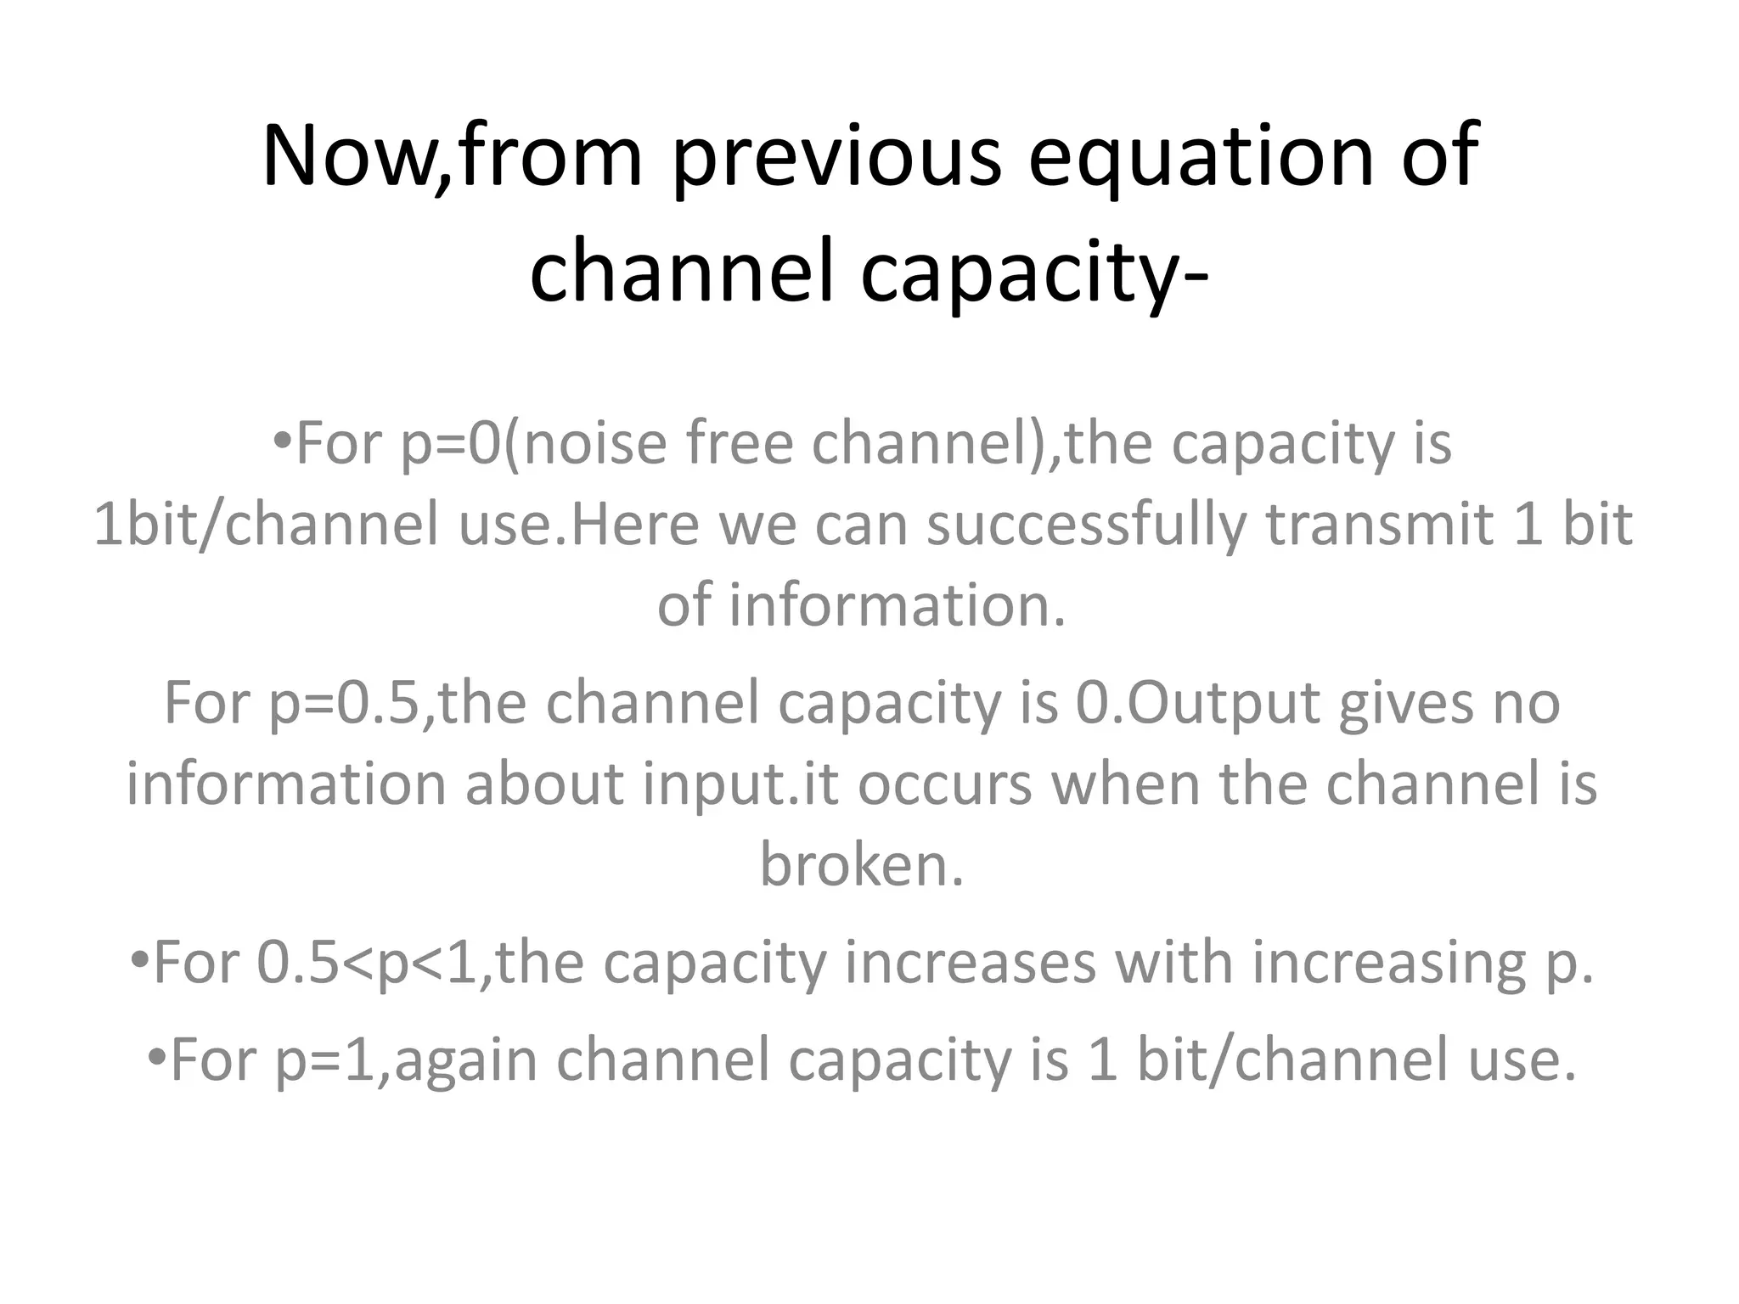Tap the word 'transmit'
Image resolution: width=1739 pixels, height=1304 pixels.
tap(1379, 525)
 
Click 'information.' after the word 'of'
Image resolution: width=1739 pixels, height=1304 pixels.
tap(897, 605)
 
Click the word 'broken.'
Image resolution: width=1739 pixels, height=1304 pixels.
tap(862, 865)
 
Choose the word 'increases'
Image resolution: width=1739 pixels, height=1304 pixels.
tap(970, 963)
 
